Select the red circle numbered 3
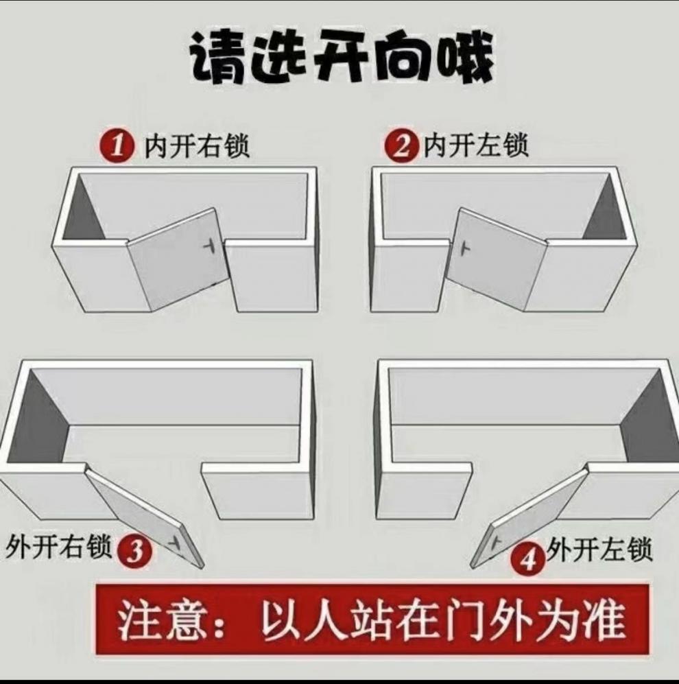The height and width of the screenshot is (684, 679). pos(134,551)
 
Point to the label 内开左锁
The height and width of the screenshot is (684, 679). pos(476,146)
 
